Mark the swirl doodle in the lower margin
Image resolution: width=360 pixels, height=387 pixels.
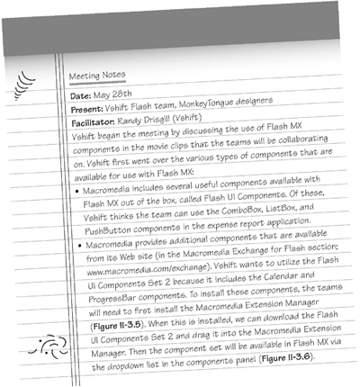(41, 345)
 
